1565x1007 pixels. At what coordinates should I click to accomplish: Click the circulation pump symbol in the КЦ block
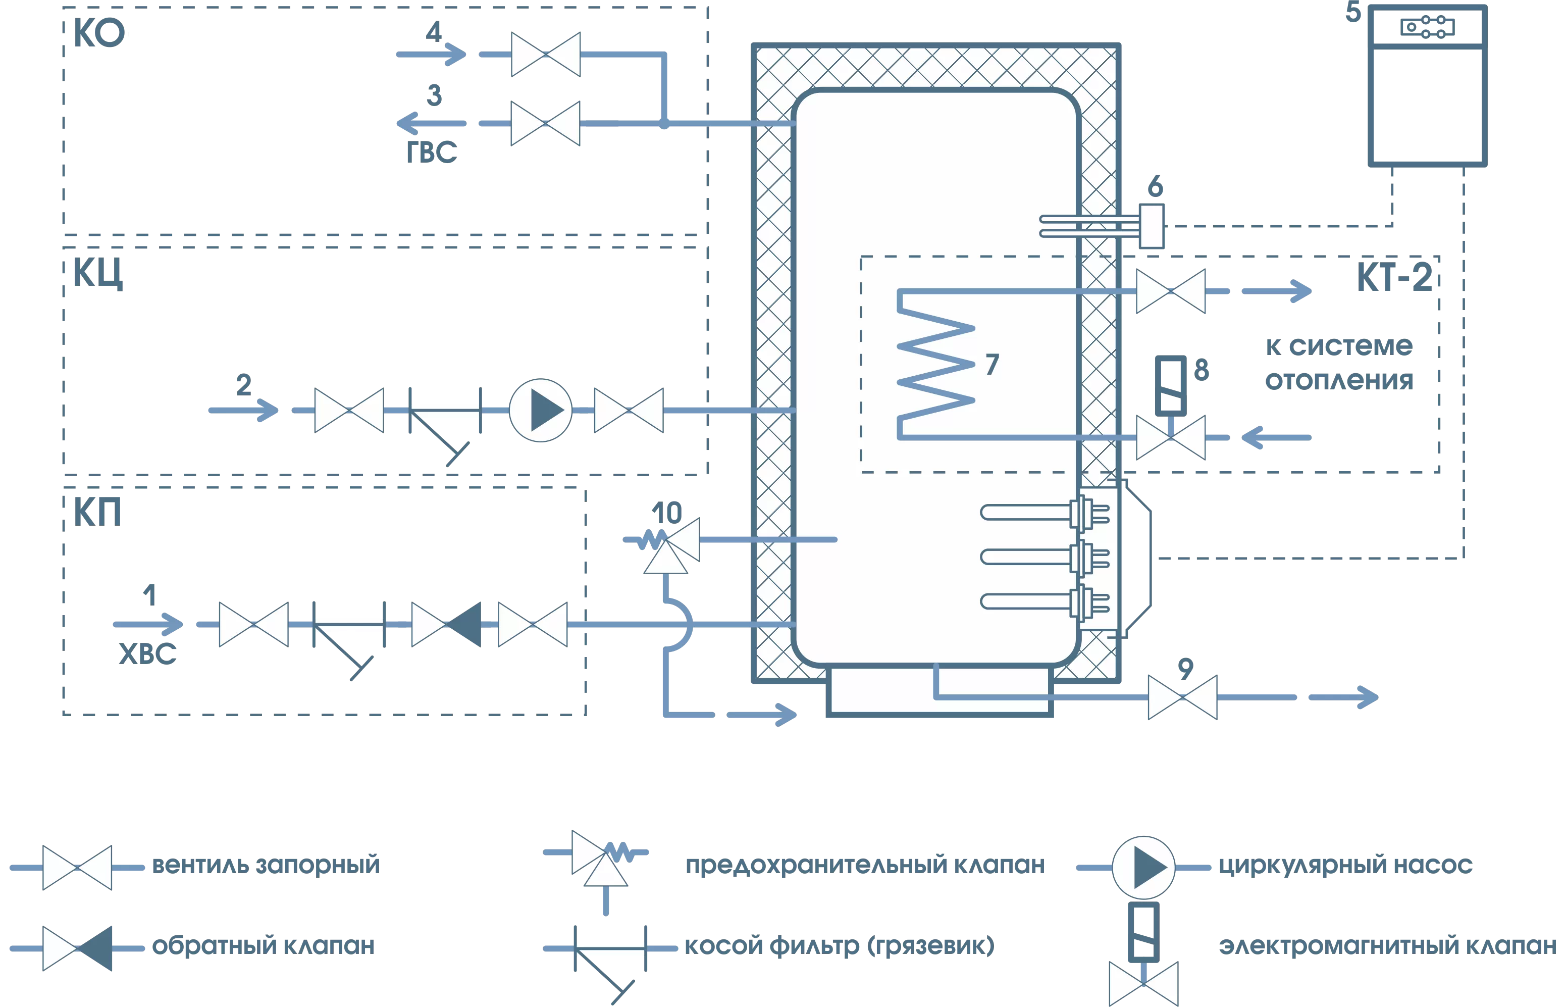click(x=540, y=410)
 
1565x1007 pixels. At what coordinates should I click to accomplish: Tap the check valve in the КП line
click(x=446, y=625)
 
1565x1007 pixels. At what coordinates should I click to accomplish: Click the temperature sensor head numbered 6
click(x=1151, y=226)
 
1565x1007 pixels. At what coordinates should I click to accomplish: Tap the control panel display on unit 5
click(x=1427, y=27)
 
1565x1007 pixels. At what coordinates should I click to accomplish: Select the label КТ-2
click(x=1394, y=277)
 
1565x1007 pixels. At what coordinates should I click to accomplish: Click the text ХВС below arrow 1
click(x=148, y=654)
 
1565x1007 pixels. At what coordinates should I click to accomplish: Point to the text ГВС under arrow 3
click(x=432, y=153)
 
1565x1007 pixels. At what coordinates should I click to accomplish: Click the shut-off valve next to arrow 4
click(x=545, y=54)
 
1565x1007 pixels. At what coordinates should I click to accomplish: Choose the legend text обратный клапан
click(x=263, y=945)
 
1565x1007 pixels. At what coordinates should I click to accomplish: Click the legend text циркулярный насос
click(x=1345, y=865)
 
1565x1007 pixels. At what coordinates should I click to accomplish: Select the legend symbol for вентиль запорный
click(x=77, y=868)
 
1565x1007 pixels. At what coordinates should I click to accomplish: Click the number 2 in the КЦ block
click(x=244, y=384)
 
